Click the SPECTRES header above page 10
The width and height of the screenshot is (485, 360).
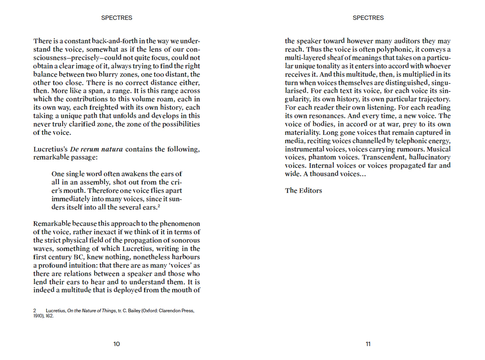pos(117,18)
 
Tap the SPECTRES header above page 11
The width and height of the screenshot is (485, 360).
pos(368,18)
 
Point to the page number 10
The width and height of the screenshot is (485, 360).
pos(117,344)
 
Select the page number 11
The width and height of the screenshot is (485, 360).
pos(368,344)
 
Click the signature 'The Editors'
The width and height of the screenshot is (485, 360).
pos(303,191)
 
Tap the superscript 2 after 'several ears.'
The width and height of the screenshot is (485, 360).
pos(158,206)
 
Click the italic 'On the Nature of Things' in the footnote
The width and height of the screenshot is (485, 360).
pos(92,311)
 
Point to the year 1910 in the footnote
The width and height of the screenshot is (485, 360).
pos(39,316)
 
